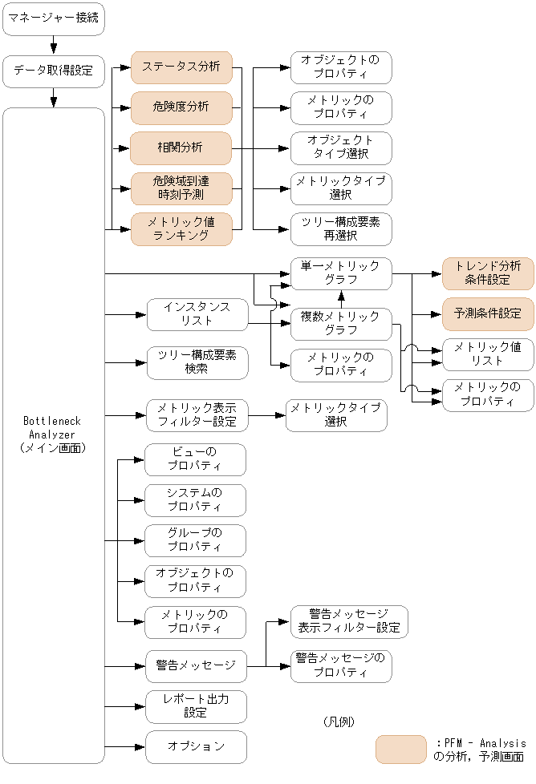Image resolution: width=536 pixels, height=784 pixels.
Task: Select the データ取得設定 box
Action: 54,71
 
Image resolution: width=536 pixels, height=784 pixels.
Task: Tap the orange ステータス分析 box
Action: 181,67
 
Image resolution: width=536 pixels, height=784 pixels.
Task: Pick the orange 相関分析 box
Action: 181,148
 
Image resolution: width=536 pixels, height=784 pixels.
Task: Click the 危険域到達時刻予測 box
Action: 181,188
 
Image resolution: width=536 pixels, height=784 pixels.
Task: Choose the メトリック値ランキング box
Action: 181,229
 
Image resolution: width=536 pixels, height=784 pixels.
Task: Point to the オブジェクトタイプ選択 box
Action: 341,148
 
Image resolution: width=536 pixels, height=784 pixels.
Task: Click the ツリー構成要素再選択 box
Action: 341,229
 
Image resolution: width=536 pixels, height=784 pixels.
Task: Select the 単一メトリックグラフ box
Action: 341,274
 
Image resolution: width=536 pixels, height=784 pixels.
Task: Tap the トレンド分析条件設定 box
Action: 488,273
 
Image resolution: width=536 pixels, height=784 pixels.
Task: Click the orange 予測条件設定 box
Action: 488,313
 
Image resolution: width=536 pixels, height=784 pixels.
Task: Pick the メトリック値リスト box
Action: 488,354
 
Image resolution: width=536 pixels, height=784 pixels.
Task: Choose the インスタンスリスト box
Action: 197,314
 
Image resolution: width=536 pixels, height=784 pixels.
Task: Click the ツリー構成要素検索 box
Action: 197,362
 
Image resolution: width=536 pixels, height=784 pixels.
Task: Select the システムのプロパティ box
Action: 195,500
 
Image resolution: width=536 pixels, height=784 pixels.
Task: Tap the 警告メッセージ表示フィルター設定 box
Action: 349,621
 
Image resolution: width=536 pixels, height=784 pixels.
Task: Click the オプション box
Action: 195,746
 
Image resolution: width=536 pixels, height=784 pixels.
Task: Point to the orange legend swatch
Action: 400,749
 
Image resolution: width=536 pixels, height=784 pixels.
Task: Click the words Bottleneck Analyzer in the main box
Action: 52,427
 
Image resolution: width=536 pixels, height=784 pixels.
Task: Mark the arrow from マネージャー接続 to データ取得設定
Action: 54,45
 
